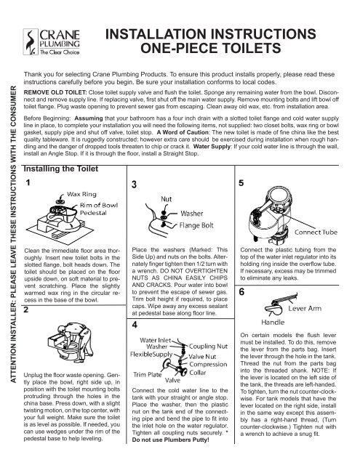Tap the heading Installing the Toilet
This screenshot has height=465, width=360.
65,170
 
